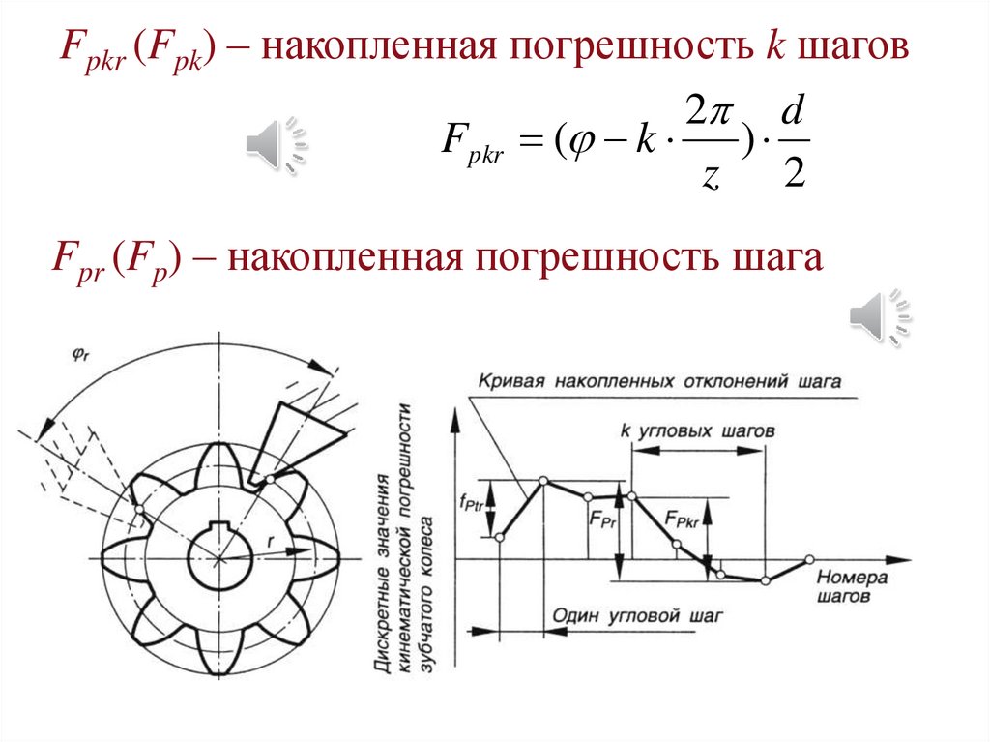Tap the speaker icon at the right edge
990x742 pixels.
click(879, 316)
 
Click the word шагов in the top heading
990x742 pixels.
click(853, 45)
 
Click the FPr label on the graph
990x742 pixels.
click(601, 519)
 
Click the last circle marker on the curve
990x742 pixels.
click(809, 558)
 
